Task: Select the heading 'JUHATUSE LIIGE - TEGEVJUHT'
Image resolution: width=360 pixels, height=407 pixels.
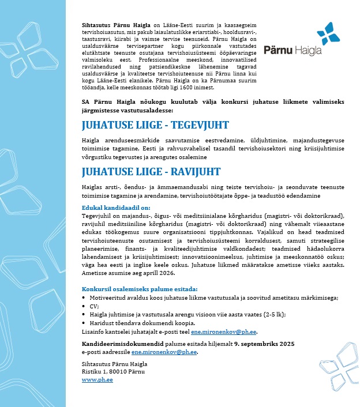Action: pyautogui.click(x=155, y=126)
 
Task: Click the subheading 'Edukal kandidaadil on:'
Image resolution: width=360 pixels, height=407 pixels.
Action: pyautogui.click(x=116, y=208)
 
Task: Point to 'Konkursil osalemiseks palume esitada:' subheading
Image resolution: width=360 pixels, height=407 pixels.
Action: pyautogui.click(x=140, y=289)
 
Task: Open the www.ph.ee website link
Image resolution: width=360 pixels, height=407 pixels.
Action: pyautogui.click(x=97, y=380)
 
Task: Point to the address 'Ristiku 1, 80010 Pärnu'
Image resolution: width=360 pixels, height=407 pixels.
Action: pyautogui.click(x=114, y=372)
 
